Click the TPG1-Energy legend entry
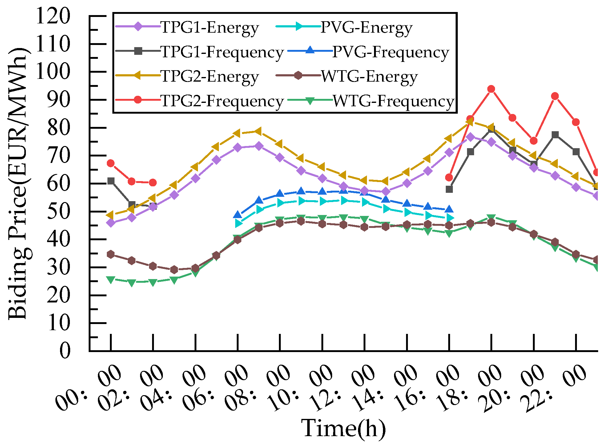pyautogui.click(x=209, y=28)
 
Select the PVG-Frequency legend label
pyautogui.click(x=390, y=52)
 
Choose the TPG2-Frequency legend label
pyautogui.click(x=222, y=101)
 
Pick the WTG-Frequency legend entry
pyautogui.click(x=393, y=101)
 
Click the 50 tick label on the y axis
pyautogui.click(x=58, y=212)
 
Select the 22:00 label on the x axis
pyautogui.click(x=554, y=389)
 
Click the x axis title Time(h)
pyautogui.click(x=343, y=428)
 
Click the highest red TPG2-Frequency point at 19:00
pyautogui.click(x=491, y=89)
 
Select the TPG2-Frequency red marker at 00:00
pyautogui.click(x=111, y=164)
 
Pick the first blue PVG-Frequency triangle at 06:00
pyautogui.click(x=238, y=215)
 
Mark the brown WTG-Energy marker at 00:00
pyautogui.click(x=111, y=254)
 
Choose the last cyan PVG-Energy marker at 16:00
pyautogui.click(x=449, y=218)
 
